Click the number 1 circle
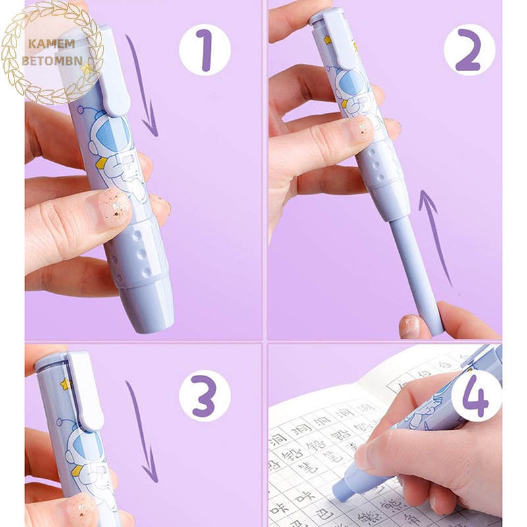pos(205,49)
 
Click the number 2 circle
pos(469,49)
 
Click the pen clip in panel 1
pos(112,72)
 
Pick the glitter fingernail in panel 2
pos(360,129)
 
